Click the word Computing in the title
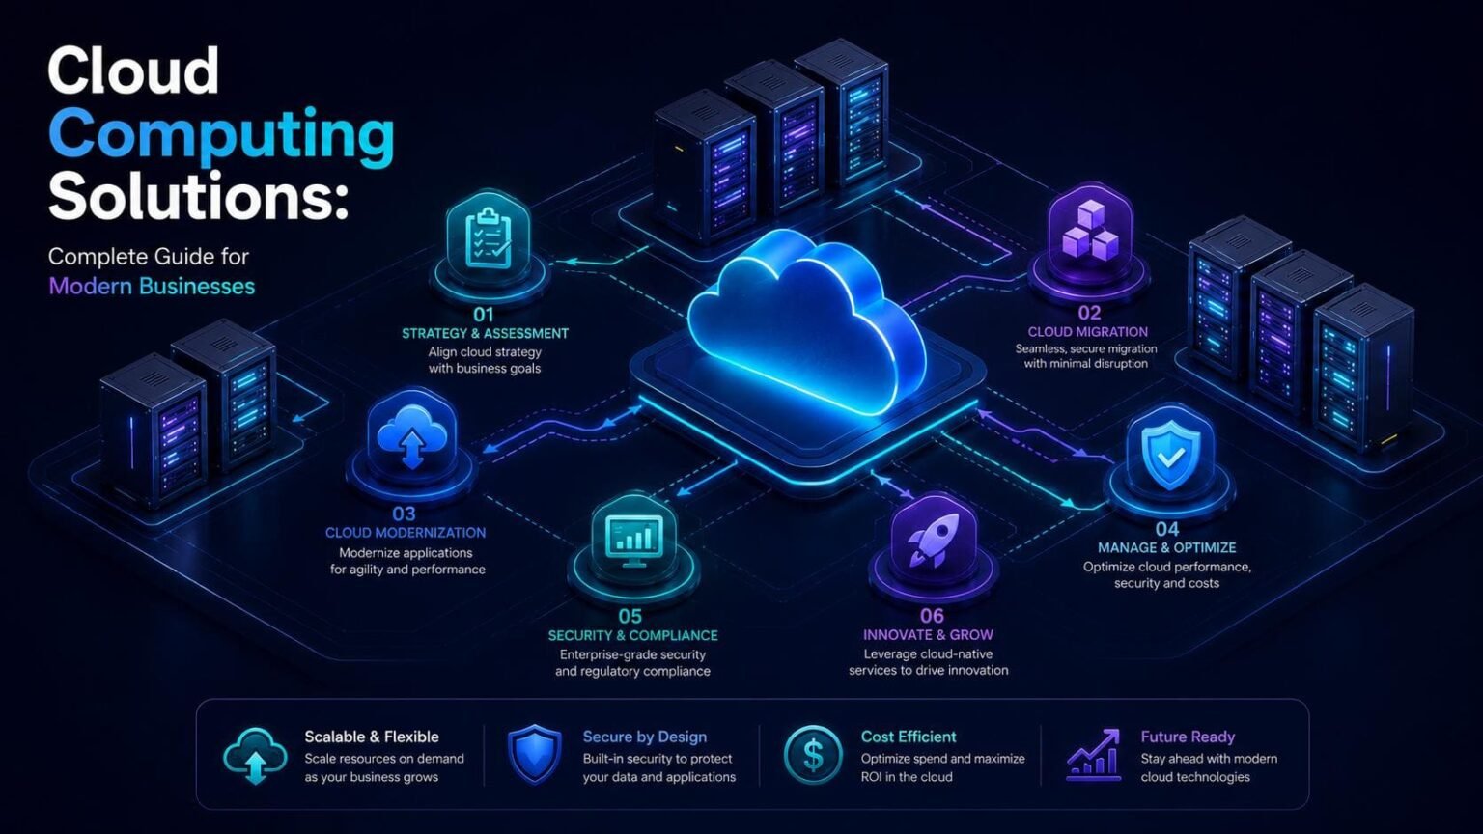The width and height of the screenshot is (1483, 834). (x=221, y=136)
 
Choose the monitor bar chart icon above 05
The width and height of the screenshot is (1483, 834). (x=634, y=541)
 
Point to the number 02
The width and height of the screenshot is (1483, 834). (x=1089, y=313)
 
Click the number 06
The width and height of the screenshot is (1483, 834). (x=932, y=616)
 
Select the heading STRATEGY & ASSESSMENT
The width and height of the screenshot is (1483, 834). (x=485, y=334)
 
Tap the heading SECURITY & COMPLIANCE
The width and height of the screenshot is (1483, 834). (x=633, y=635)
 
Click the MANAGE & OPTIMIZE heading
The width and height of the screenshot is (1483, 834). (x=1166, y=548)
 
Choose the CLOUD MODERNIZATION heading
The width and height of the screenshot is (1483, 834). (x=406, y=533)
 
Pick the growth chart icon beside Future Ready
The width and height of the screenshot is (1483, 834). (x=1094, y=755)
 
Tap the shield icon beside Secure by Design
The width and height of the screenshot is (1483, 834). (x=534, y=755)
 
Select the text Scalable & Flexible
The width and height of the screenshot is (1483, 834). (x=372, y=737)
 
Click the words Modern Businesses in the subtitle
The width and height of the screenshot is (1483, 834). (x=152, y=287)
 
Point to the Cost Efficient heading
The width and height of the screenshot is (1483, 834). (x=909, y=737)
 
